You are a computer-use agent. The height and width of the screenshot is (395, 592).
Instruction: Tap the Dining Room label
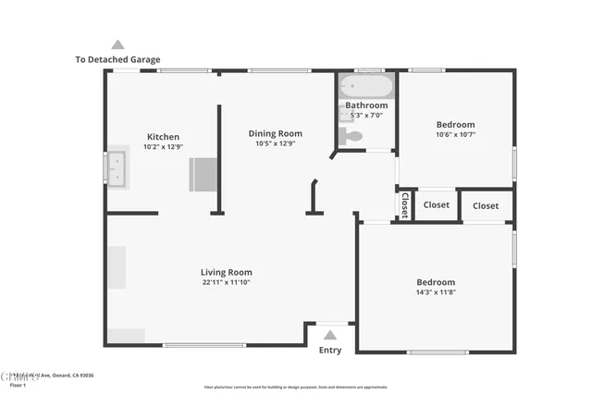pyautogui.click(x=275, y=134)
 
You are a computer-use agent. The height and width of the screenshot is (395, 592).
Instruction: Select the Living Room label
pyautogui.click(x=226, y=272)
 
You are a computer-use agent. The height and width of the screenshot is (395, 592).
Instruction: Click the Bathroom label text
pyautogui.click(x=366, y=105)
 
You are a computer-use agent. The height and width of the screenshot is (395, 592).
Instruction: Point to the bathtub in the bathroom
pyautogui.click(x=367, y=88)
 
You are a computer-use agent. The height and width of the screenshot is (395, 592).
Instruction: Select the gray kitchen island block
pyautogui.click(x=203, y=174)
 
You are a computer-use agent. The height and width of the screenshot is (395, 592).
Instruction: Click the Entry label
pyautogui.click(x=329, y=351)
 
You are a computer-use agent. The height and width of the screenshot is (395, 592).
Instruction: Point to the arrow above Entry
pyautogui.click(x=330, y=335)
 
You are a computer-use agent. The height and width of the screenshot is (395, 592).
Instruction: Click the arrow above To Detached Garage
pyautogui.click(x=117, y=44)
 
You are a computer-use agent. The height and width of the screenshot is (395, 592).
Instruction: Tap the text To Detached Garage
pyautogui.click(x=117, y=59)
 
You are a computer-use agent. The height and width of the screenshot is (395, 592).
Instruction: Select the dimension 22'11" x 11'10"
pyautogui.click(x=226, y=282)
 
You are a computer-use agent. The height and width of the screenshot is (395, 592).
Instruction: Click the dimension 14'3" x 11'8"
pyautogui.click(x=435, y=292)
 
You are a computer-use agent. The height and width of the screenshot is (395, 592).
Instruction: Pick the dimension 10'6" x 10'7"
pyautogui.click(x=455, y=135)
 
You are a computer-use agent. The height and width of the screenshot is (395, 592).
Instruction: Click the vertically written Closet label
pyautogui.click(x=404, y=204)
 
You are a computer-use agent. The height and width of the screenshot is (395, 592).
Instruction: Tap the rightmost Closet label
pyautogui.click(x=486, y=205)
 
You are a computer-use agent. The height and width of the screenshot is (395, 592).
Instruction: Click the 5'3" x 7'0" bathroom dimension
pyautogui.click(x=366, y=116)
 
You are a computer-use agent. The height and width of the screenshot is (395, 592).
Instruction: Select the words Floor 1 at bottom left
pyautogui.click(x=18, y=384)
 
